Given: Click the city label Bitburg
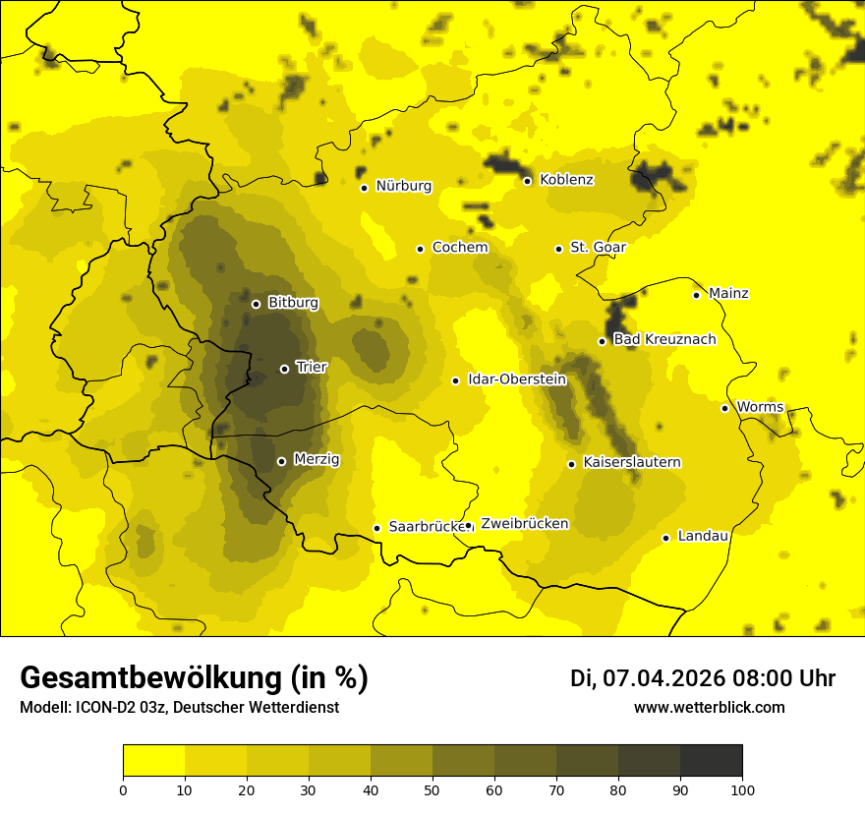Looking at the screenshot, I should coord(293,303).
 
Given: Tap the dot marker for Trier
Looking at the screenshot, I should coord(285,369).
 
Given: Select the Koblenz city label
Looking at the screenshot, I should coord(566,180).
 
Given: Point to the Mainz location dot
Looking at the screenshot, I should coord(696,295).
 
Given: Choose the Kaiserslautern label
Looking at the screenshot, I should coord(632,462).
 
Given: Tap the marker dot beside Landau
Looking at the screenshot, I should coord(666,538).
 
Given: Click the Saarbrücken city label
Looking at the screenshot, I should coord(426,527).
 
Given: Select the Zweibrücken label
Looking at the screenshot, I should coord(524,524).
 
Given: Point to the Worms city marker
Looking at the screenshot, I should coord(725,408).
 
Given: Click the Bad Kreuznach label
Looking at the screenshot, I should coord(664,339).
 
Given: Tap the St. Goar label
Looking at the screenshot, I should coord(598,247).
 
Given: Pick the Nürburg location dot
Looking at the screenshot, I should coord(364,188).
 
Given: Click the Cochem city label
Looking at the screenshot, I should coord(460,247).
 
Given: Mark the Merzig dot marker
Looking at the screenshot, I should coord(281,461).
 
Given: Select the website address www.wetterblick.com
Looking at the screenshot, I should coord(709,707).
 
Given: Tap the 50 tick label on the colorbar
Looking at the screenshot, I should coord(432,788).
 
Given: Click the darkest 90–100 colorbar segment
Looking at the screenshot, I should coord(711,761).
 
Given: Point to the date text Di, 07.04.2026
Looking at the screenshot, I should coord(647,678).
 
